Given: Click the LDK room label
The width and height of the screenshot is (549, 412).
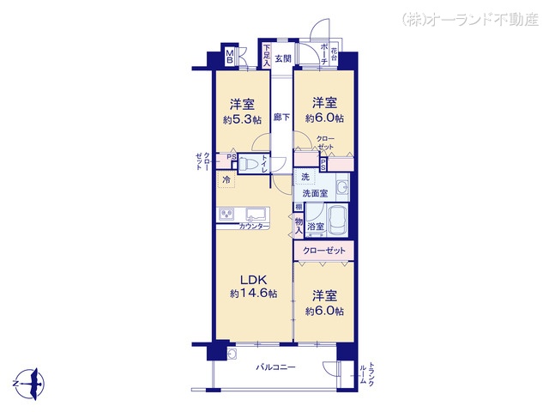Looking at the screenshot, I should click(253, 279).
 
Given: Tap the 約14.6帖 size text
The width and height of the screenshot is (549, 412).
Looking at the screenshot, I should click(253, 294).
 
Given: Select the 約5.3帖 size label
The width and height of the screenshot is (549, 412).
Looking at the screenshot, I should click(241, 119).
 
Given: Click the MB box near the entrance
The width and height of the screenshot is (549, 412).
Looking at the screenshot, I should click(230, 58).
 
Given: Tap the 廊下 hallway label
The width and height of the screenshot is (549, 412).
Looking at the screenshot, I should click(281, 117).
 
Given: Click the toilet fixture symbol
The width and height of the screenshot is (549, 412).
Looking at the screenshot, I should click(247, 162).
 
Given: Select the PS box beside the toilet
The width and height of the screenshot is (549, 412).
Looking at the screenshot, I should click(220, 157).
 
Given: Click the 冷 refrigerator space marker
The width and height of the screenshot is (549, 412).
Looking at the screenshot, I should click(226, 179).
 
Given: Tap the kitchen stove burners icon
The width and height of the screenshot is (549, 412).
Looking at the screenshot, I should click(226, 215).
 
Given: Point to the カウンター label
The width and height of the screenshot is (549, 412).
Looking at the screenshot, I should click(255, 226).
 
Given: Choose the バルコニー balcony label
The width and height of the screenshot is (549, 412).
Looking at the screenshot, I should click(276, 367).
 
